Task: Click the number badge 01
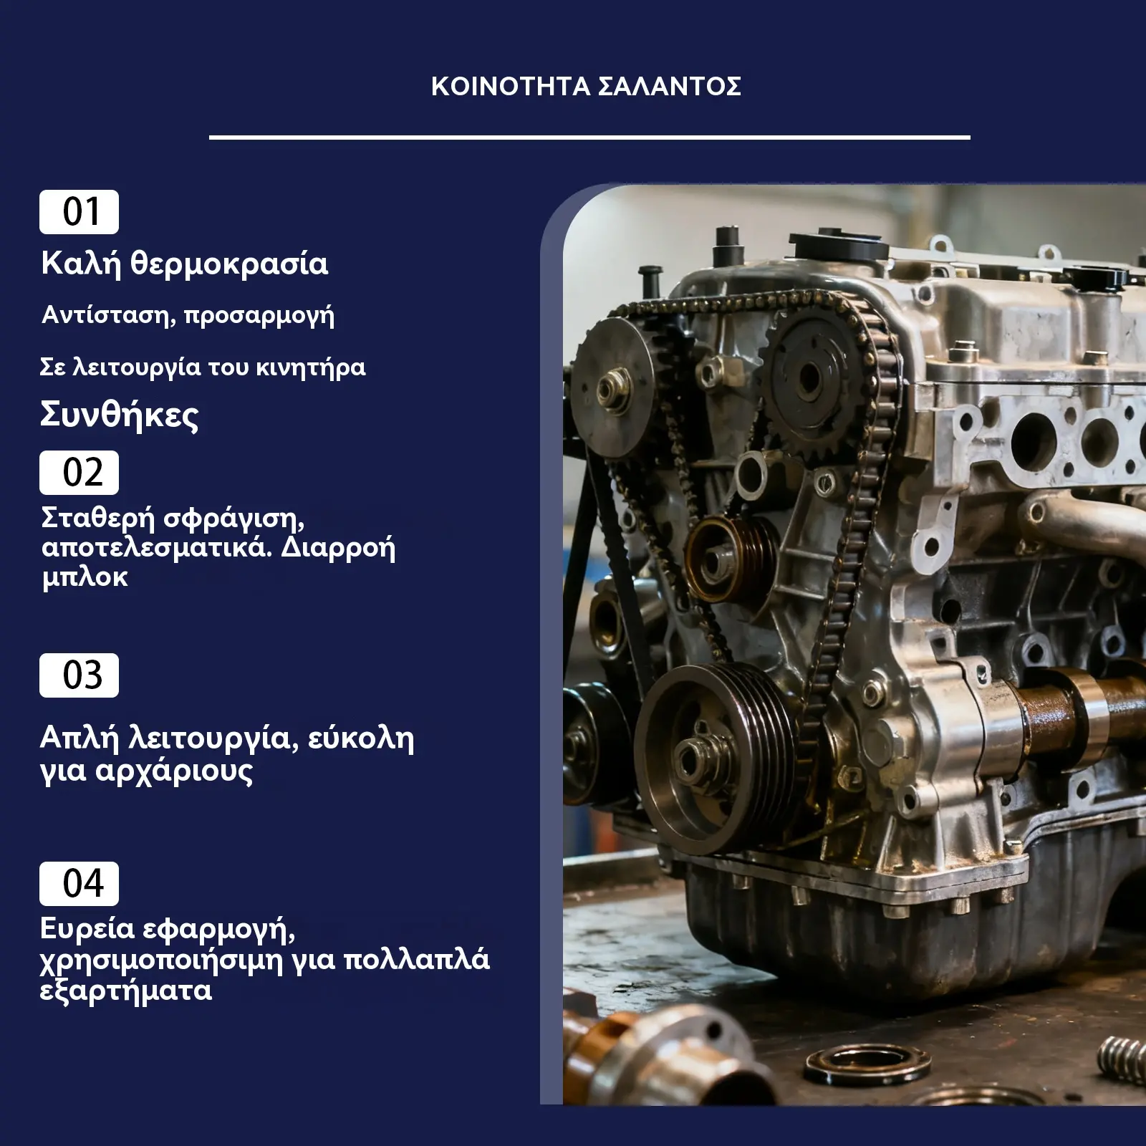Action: pyautogui.click(x=79, y=212)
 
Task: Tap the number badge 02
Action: pyautogui.click(x=79, y=473)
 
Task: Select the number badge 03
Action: pyautogui.click(x=79, y=675)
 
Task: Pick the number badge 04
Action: pyautogui.click(x=79, y=884)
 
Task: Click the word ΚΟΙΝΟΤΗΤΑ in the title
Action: pyautogui.click(x=511, y=87)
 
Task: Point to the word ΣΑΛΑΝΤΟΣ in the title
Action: pyautogui.click(x=670, y=87)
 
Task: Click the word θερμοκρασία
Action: pyautogui.click(x=229, y=264)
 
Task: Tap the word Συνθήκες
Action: pyautogui.click(x=119, y=415)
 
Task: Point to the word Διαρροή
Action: pyautogui.click(x=338, y=548)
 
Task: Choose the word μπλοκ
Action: pyautogui.click(x=85, y=577)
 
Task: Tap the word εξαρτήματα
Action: pyautogui.click(x=126, y=991)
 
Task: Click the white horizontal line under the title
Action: pyautogui.click(x=589, y=137)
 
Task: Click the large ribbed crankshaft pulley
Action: pyautogui.click(x=716, y=758)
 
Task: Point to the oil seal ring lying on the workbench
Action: pyautogui.click(x=867, y=1066)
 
